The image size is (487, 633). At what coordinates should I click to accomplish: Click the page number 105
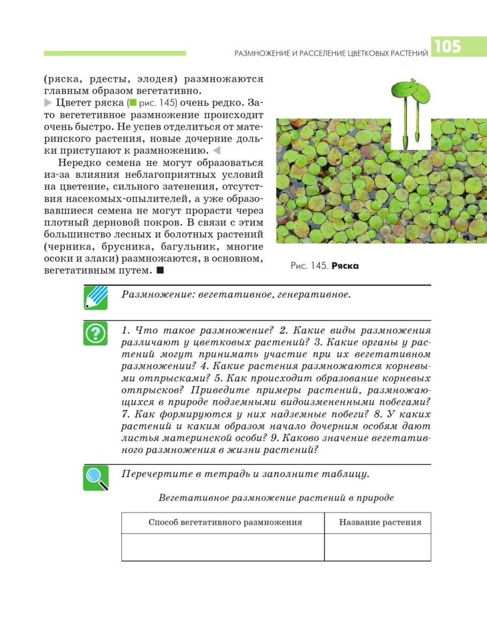[447, 47]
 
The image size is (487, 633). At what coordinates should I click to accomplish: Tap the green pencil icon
[95, 298]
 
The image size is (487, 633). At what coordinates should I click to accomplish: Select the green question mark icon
[95, 333]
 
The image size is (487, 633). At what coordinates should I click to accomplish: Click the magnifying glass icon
[95, 478]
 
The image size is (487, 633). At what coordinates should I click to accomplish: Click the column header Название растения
[380, 522]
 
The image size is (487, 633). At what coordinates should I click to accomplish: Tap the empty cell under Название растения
[378, 547]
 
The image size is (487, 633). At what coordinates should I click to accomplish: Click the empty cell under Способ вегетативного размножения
[223, 547]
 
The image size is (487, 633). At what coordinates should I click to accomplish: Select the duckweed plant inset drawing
[410, 115]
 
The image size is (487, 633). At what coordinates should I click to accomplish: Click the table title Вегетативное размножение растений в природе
[276, 498]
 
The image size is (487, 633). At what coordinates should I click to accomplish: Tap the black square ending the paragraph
[159, 271]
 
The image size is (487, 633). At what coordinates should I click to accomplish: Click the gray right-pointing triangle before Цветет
[48, 102]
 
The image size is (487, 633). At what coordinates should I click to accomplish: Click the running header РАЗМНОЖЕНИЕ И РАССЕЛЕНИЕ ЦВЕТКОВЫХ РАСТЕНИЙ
[332, 52]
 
